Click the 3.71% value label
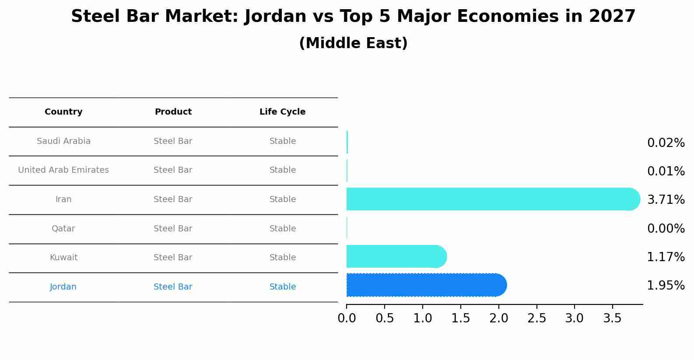(666, 200)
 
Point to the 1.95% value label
(666, 286)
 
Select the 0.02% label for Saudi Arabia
(666, 143)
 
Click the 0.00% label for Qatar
(666, 229)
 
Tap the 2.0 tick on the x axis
(498, 318)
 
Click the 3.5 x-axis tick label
(612, 318)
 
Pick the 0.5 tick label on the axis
(385, 318)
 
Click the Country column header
(63, 112)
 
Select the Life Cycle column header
(282, 112)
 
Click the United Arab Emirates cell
(63, 170)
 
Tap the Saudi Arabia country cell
(63, 141)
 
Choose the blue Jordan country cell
(63, 287)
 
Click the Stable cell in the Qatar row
(282, 229)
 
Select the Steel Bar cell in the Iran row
(173, 199)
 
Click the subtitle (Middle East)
(353, 43)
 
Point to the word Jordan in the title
(275, 17)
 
